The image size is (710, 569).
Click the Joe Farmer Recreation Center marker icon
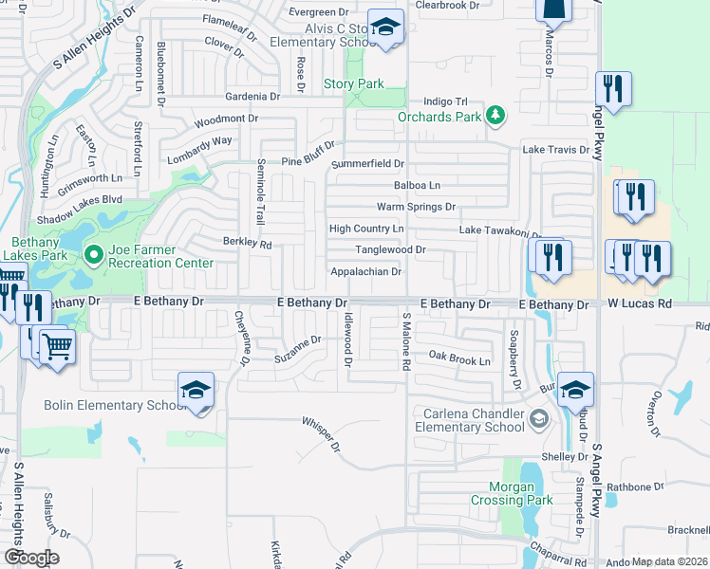coord(93,254)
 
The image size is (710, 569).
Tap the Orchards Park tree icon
coord(494,116)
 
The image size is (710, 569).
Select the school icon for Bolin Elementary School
coord(196,390)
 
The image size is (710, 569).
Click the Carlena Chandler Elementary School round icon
coord(538,418)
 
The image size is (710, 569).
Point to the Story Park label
coord(354,84)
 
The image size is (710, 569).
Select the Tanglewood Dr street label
coord(390,249)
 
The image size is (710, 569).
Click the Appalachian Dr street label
coord(366,271)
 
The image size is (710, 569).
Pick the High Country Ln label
coord(366,229)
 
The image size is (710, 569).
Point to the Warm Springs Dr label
coord(416,207)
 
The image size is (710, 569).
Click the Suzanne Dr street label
coord(298,354)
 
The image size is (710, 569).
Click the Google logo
coord(30,558)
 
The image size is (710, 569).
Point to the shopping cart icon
coord(58,347)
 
